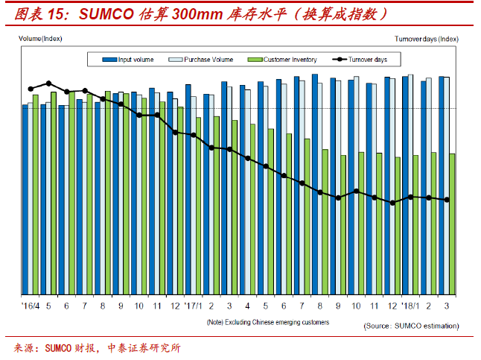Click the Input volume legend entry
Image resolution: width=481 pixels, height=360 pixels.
pos(134,60)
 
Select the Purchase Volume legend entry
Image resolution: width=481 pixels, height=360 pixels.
pos(206,60)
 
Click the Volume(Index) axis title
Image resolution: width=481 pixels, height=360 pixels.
pos(40,37)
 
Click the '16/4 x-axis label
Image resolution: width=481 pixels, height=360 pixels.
pos(30,306)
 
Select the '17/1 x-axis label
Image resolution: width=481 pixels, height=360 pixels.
pos(193,306)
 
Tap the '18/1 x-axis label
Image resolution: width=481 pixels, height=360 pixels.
pos(410,306)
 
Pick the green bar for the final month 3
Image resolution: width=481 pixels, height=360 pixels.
pos(452,224)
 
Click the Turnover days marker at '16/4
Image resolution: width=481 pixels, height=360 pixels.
pos(31,89)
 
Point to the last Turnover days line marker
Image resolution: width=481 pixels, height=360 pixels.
pos(447,199)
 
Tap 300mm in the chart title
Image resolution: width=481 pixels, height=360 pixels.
pos(194,15)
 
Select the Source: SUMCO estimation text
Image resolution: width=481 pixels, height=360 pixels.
pos(411,326)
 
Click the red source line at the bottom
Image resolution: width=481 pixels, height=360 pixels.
pos(97,348)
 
